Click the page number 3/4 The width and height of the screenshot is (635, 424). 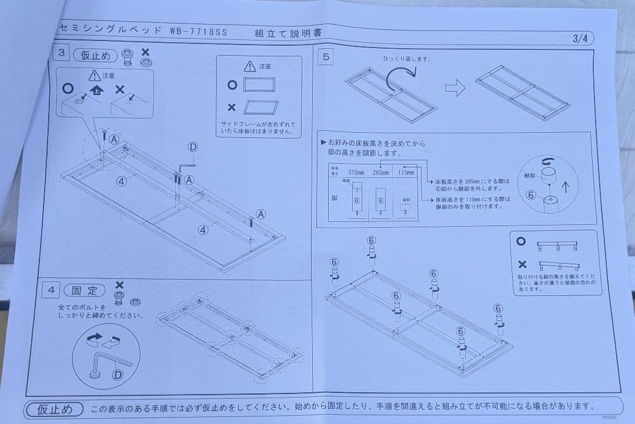(581, 39)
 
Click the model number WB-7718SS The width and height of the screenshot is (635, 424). (198, 29)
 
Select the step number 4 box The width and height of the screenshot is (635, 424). (52, 290)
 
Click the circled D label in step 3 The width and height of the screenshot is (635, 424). (192, 147)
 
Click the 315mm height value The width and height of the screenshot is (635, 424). (356, 172)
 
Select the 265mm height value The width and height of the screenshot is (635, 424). (380, 172)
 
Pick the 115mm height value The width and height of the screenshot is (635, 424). (406, 172)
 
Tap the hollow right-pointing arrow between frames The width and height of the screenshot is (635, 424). (454, 89)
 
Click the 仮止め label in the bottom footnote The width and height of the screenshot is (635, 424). (54, 409)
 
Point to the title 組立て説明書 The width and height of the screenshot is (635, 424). (288, 33)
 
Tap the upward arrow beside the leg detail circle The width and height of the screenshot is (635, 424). (566, 187)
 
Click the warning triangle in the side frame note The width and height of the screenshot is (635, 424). (250, 66)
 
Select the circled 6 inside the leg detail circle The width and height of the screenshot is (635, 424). (531, 195)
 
